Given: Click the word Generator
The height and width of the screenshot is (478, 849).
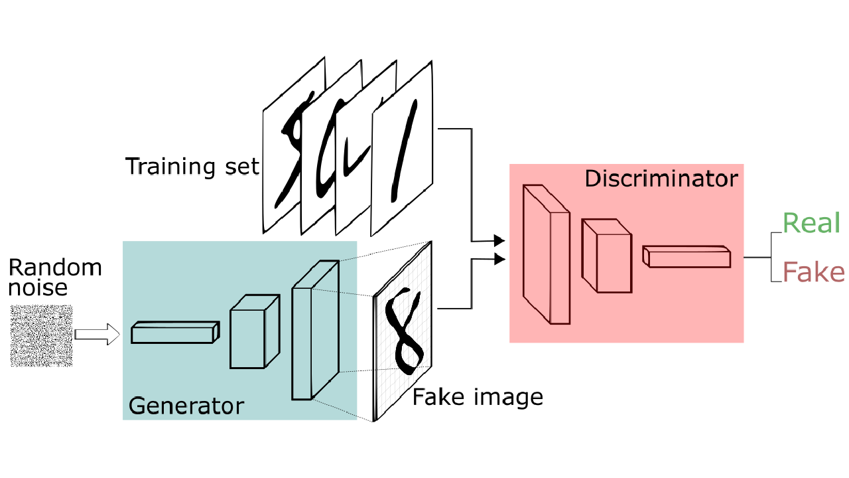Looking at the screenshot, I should pyautogui.click(x=186, y=406).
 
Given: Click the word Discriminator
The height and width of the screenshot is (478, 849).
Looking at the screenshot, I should pyautogui.click(x=661, y=179).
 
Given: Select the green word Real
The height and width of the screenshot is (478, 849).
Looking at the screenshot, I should pyautogui.click(x=811, y=224).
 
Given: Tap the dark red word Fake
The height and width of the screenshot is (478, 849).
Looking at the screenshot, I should pyautogui.click(x=813, y=273).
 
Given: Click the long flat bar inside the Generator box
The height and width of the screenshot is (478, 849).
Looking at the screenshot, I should pyautogui.click(x=172, y=335).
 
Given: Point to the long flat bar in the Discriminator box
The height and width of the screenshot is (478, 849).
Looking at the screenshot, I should pyautogui.click(x=688, y=259).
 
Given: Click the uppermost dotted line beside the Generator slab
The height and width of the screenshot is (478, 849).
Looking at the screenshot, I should pyautogui.click(x=348, y=259).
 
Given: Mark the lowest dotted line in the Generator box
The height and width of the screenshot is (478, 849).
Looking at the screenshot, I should pyautogui.click(x=335, y=408).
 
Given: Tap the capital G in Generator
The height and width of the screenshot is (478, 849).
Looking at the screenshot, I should pyautogui.click(x=136, y=406).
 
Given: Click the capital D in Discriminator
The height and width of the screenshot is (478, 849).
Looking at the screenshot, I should pyautogui.click(x=592, y=179).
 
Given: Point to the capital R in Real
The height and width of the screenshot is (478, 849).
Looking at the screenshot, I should pyautogui.click(x=790, y=224).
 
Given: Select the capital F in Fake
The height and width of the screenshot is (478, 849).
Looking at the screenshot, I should pyautogui.click(x=789, y=273).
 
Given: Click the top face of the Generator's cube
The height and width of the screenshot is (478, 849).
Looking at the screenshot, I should pyautogui.click(x=255, y=302).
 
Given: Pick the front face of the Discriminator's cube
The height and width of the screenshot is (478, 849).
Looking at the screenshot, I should pyautogui.click(x=614, y=263).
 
